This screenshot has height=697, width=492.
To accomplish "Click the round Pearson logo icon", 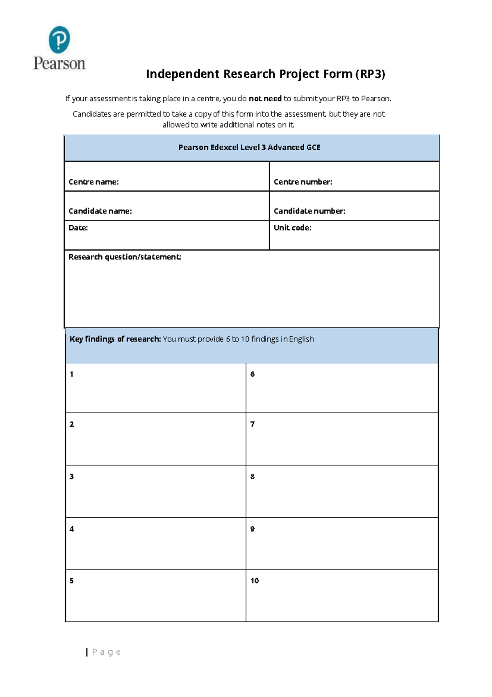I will pos(59,40).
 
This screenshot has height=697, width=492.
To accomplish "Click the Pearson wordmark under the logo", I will pos(59,64).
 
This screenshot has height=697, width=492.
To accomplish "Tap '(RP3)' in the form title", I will pos(370,74).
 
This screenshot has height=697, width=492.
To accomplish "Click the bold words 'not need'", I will pos(265,98).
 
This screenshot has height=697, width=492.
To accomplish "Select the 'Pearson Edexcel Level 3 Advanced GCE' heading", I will pos(249,147).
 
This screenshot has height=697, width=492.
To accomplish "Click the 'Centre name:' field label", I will pos(93,182).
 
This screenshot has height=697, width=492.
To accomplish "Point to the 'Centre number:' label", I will pos(303,182).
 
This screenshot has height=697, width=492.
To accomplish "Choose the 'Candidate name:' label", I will pos(100,211).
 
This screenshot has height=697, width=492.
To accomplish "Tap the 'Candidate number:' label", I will pos(309,211).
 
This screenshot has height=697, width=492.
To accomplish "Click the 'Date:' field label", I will pos(78,228).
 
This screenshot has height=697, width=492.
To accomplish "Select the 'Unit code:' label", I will pos(292,228).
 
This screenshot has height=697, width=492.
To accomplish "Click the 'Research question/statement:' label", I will pos(125,257).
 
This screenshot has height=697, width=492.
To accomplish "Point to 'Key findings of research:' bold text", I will pos(115,339).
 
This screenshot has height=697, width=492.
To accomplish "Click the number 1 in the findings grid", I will pos(71,374).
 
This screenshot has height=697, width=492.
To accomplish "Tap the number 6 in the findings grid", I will pos(253,374).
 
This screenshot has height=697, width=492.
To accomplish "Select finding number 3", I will pos(71,477).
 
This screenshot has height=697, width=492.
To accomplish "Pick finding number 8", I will pos(253,477).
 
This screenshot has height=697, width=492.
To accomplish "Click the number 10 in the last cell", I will pos(255,580).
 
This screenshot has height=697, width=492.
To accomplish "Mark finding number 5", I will pos(71,580).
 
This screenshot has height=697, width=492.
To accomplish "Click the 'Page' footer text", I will pos(106,652).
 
